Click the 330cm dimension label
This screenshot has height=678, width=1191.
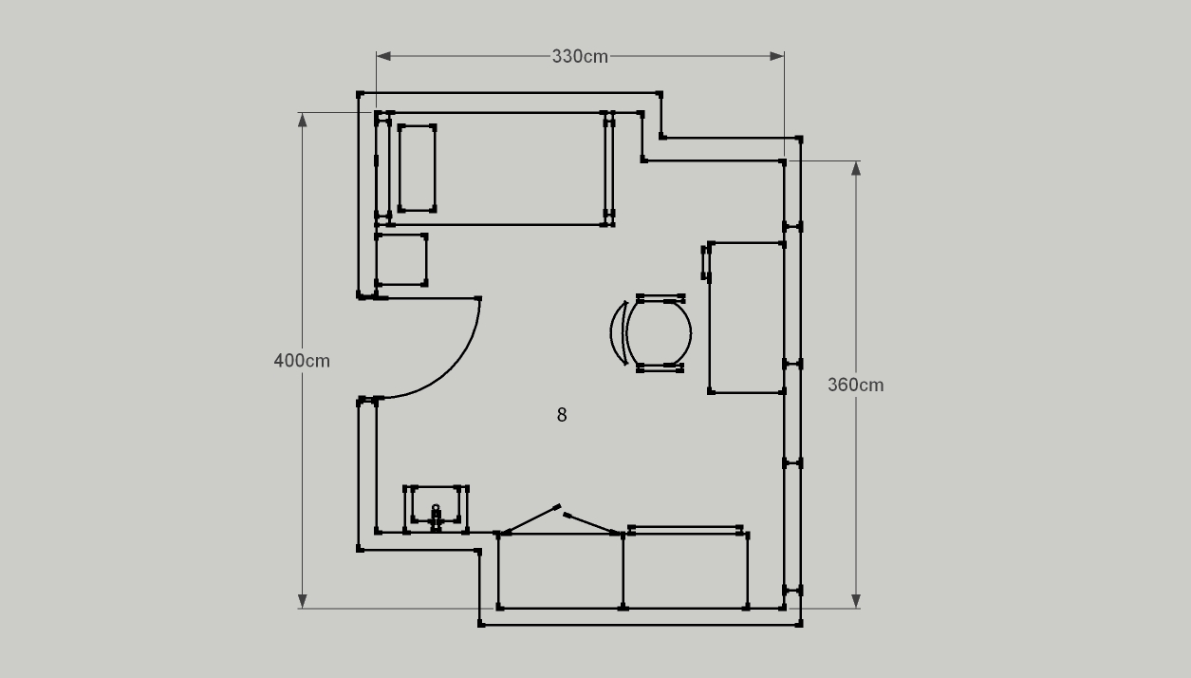(x=580, y=56)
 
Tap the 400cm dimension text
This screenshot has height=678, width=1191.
(x=302, y=361)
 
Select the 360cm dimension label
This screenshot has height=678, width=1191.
(x=855, y=385)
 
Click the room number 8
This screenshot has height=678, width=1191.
(x=562, y=415)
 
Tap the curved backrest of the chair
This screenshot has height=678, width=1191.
(x=617, y=333)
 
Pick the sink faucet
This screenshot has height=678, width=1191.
(x=436, y=518)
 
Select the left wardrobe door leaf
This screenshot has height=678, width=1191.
(x=530, y=519)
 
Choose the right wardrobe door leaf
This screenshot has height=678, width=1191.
(x=591, y=523)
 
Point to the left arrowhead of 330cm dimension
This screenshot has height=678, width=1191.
(x=383, y=56)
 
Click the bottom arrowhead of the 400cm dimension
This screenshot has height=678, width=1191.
(x=302, y=601)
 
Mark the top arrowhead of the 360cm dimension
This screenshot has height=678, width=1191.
(x=855, y=168)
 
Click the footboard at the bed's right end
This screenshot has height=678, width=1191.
(x=609, y=169)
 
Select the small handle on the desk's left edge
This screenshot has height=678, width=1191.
(x=705, y=262)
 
